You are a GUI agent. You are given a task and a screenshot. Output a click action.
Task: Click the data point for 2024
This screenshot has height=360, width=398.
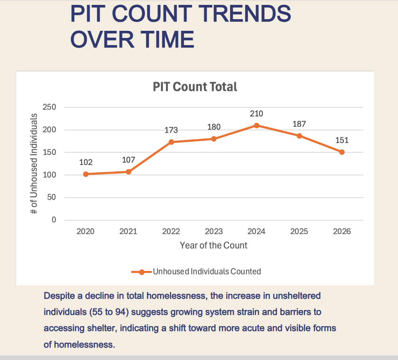(256, 126)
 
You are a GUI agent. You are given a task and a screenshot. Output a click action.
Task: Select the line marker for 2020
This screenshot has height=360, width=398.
(86, 174)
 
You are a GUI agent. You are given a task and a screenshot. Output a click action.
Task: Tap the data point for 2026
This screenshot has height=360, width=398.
(342, 152)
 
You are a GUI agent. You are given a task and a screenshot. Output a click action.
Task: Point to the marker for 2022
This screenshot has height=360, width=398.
(171, 142)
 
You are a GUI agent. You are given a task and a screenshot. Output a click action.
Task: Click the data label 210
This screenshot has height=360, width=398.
(256, 113)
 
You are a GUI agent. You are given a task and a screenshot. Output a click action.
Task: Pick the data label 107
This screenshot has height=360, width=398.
(128, 160)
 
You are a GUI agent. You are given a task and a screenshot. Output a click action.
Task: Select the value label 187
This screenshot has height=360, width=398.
(299, 124)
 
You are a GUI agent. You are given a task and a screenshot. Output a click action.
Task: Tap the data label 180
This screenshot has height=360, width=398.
(214, 127)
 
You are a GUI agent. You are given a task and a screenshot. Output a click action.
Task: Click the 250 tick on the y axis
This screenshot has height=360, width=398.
(50, 107)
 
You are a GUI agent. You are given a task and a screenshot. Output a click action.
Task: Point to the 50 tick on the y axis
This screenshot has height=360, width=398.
(52, 198)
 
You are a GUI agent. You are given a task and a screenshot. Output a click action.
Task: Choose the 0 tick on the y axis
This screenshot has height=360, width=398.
(54, 220)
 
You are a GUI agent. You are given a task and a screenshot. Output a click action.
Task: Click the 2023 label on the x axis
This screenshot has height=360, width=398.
(214, 231)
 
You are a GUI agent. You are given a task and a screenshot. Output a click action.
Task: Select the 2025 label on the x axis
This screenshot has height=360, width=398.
(299, 231)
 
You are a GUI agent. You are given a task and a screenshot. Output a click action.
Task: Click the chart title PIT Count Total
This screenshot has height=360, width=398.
(195, 87)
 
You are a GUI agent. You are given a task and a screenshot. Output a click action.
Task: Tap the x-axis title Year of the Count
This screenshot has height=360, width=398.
(214, 245)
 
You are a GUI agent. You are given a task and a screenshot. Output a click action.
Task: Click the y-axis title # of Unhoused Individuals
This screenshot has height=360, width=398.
(34, 163)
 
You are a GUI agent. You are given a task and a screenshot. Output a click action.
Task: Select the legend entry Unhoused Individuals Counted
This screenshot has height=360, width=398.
(207, 271)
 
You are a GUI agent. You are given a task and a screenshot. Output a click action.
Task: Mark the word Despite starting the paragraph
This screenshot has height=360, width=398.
(59, 296)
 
